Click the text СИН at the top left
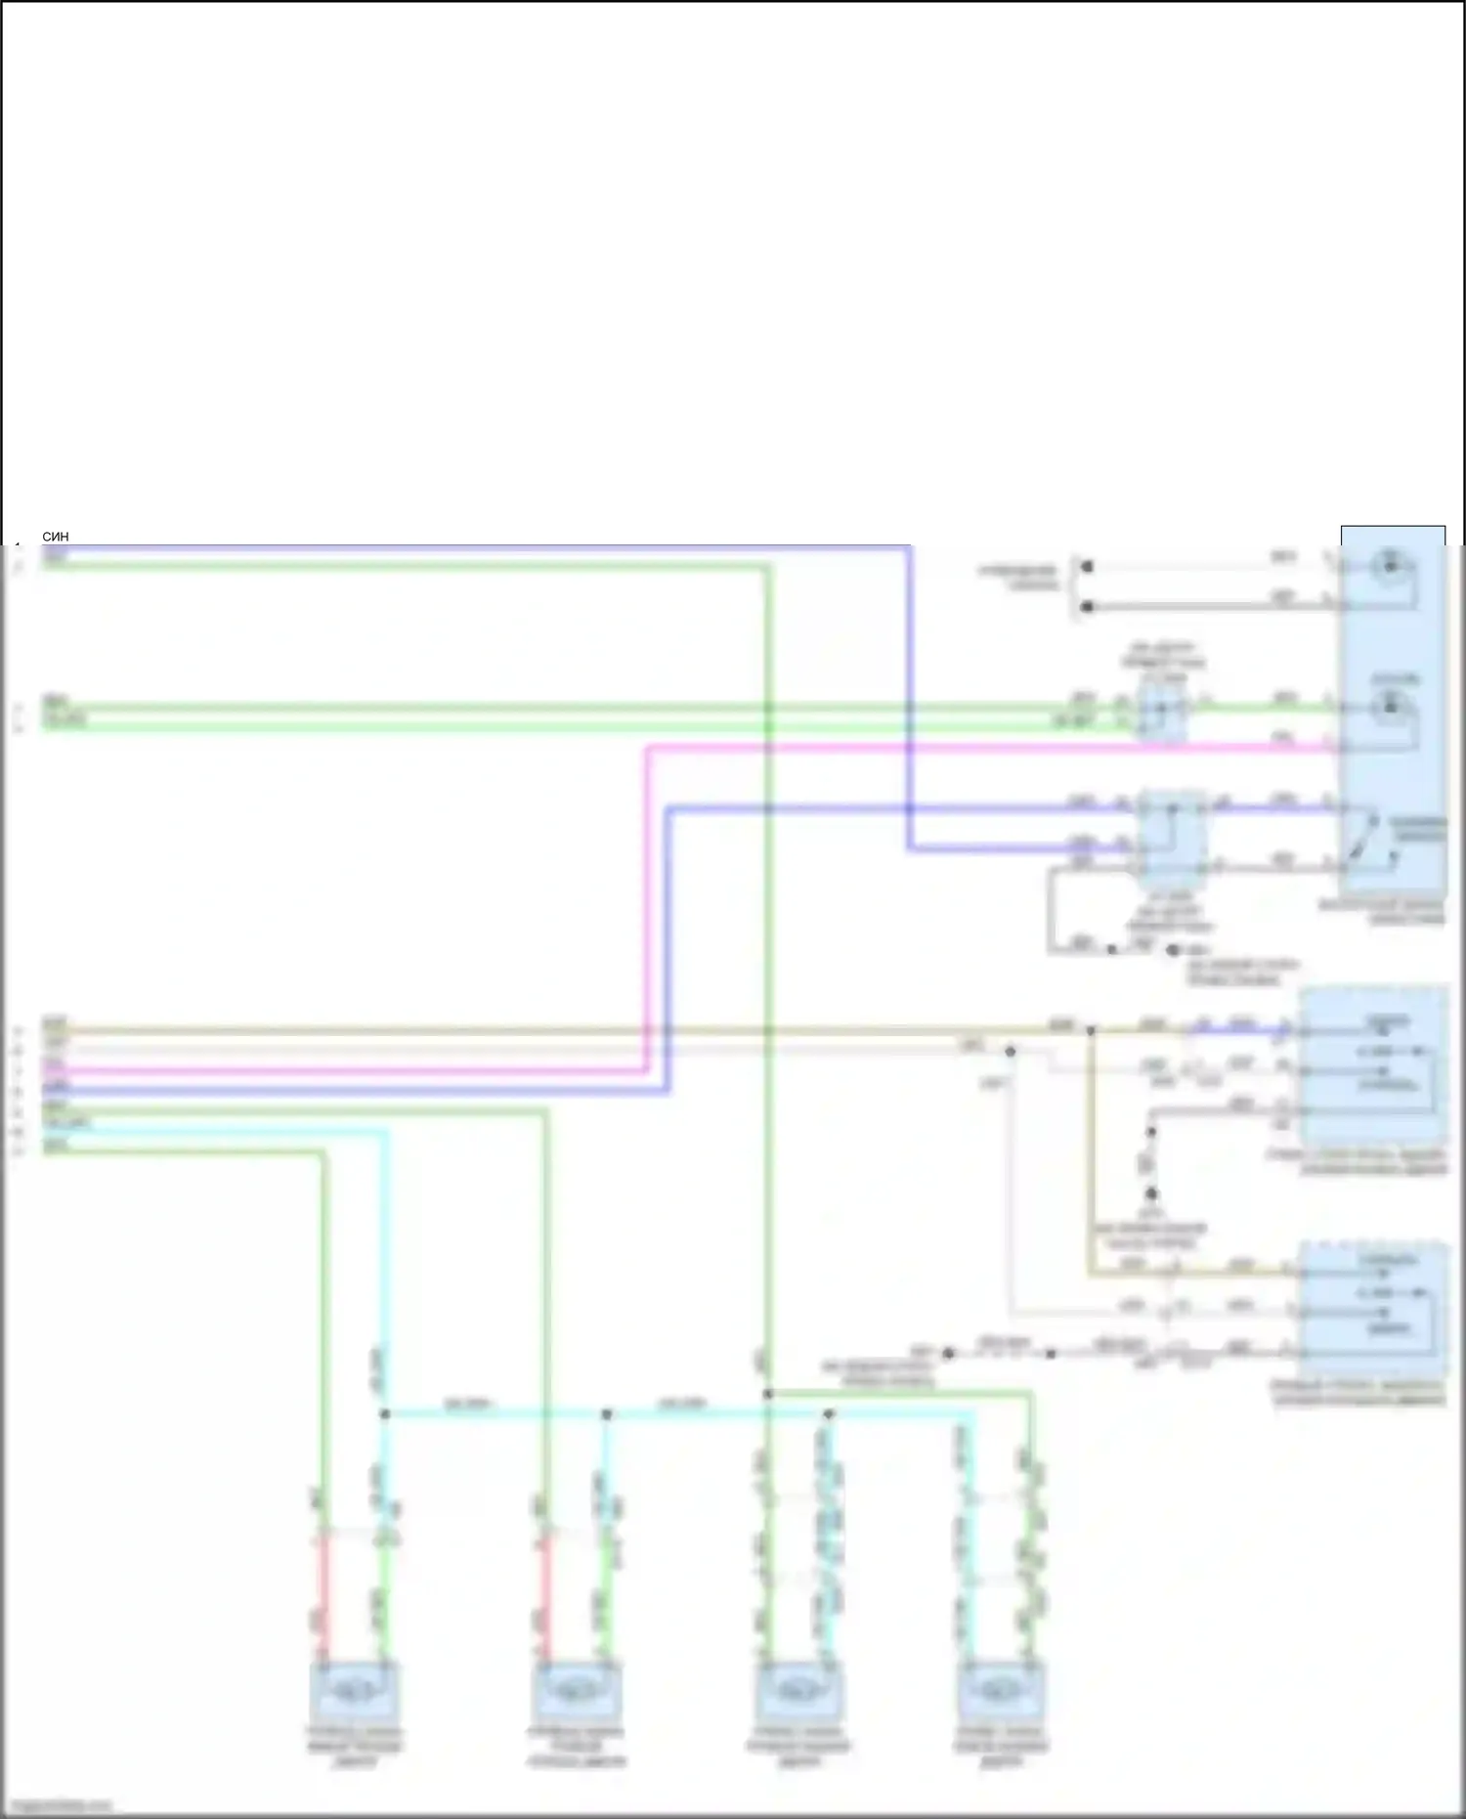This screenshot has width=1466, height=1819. pos(56,537)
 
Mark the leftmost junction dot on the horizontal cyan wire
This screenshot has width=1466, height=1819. pos(385,1414)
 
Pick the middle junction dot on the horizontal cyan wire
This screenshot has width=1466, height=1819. pos(607,1414)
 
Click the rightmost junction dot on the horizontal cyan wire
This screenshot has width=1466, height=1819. pos(829,1414)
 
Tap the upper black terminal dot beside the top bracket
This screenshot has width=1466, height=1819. pos(1087,566)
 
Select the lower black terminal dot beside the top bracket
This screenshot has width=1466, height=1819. pos(1087,607)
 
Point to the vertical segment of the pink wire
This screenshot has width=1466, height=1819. pos(646,909)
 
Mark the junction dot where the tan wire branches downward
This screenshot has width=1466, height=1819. pos(1091,1030)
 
